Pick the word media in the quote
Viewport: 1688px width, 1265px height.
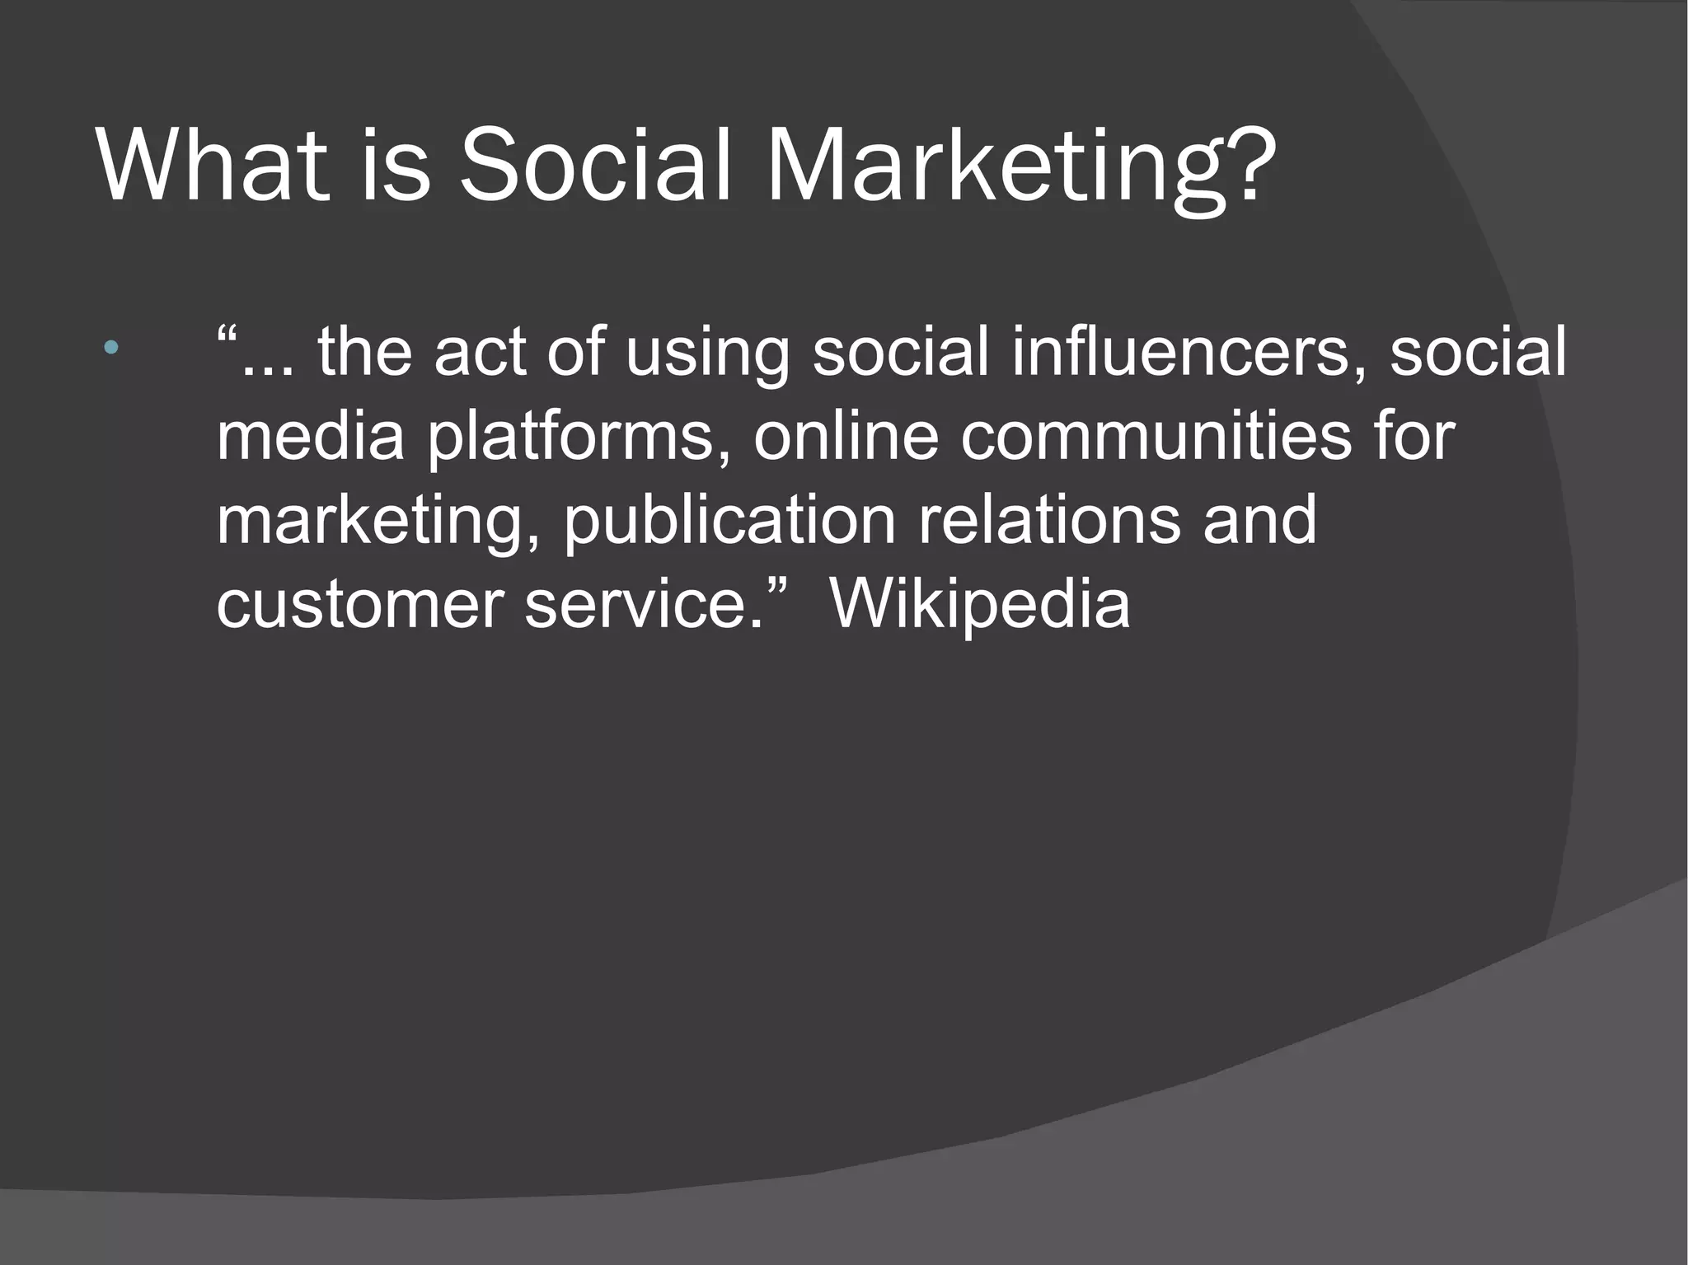click(311, 436)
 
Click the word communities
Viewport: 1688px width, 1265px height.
click(1156, 436)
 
